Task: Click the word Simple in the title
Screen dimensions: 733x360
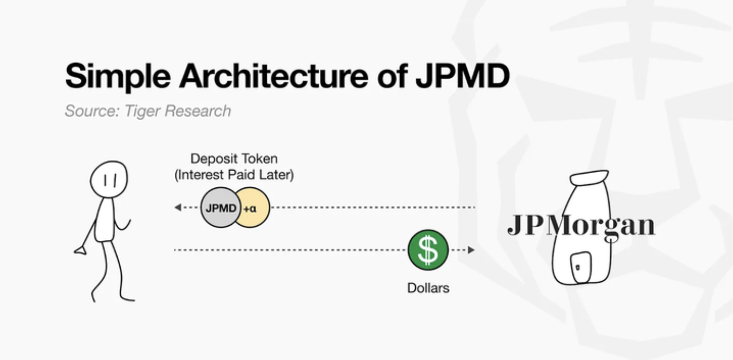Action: (x=118, y=77)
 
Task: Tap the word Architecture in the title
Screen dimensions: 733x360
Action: (x=274, y=76)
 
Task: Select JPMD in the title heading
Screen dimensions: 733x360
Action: (x=463, y=76)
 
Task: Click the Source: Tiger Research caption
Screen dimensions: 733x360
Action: (x=148, y=111)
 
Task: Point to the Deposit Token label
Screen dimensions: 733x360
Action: (x=234, y=158)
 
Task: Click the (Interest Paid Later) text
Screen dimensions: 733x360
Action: (x=234, y=175)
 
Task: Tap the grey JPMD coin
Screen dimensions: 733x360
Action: (x=221, y=207)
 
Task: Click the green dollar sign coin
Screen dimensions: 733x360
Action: (x=428, y=250)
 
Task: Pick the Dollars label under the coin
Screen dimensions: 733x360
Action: (x=428, y=288)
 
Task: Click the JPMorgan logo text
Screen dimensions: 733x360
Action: (x=581, y=226)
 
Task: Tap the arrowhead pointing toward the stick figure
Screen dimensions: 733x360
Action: (x=178, y=207)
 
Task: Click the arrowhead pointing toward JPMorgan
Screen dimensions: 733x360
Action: (x=471, y=250)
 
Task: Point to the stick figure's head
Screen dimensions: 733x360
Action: (x=109, y=179)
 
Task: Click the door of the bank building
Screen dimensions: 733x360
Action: (x=581, y=268)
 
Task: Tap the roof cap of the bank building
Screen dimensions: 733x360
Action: (x=589, y=177)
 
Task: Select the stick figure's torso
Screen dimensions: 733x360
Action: (x=105, y=220)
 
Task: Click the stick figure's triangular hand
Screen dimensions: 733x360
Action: (x=80, y=251)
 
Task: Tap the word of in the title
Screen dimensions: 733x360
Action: (x=392, y=76)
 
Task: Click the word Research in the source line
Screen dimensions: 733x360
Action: (x=198, y=111)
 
